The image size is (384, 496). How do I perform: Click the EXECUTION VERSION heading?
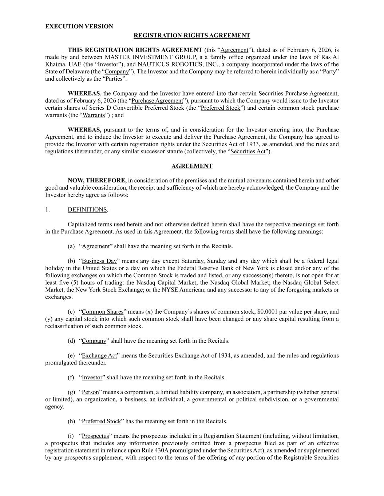click(79, 27)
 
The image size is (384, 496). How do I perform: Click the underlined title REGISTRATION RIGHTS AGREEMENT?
click(192, 36)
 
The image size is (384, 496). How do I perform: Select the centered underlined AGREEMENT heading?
click(192, 166)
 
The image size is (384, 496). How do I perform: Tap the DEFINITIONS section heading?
click(87, 210)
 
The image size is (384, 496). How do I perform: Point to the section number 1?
click(47, 210)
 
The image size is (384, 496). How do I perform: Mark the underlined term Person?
click(90, 392)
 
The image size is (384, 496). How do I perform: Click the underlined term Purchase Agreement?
click(157, 101)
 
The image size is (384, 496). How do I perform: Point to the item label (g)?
click(71, 392)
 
